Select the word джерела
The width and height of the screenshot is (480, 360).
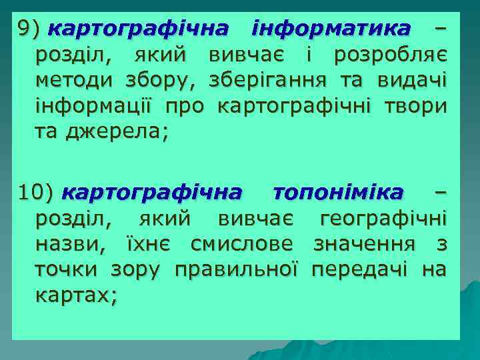point(115,132)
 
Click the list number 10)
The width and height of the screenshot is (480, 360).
point(34,193)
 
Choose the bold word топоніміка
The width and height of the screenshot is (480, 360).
point(338,193)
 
